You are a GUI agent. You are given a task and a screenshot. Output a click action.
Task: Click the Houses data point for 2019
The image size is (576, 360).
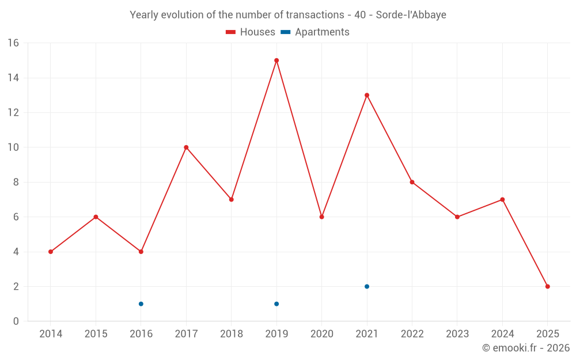(x=276, y=60)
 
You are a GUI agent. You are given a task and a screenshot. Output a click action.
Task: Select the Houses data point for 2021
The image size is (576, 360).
(x=367, y=95)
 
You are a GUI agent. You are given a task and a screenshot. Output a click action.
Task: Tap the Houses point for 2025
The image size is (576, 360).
(x=547, y=286)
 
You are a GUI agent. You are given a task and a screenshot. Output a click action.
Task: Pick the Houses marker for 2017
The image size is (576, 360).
(x=186, y=147)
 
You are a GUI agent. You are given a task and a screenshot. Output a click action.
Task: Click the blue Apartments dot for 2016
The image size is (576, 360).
(x=141, y=304)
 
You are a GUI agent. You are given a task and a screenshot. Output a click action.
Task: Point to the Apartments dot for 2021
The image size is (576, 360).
(x=367, y=286)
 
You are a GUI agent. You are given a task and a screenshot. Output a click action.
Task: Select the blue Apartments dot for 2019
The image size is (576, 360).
(x=276, y=304)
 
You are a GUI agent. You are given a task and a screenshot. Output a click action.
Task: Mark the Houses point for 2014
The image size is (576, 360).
(x=51, y=252)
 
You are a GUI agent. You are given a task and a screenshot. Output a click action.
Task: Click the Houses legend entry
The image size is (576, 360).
(x=251, y=32)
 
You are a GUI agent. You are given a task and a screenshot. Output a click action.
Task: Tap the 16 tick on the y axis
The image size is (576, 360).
(x=13, y=43)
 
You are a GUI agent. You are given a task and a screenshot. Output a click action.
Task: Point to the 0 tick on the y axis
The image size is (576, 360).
(x=16, y=321)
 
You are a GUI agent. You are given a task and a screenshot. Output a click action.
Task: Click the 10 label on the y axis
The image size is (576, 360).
(x=13, y=147)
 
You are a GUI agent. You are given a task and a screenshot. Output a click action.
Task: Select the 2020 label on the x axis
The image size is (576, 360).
(x=321, y=334)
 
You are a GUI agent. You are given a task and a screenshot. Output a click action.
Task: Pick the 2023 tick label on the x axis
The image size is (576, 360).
(x=457, y=334)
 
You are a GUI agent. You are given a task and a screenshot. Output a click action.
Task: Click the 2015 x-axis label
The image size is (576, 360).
(x=96, y=334)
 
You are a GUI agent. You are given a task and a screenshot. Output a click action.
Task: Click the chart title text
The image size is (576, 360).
(x=288, y=15)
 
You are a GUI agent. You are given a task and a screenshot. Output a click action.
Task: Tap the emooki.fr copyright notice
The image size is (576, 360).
(x=525, y=348)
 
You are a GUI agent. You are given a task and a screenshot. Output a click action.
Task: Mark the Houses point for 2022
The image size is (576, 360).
(x=412, y=182)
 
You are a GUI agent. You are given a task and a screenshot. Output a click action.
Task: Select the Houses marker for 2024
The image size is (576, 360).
(x=502, y=199)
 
